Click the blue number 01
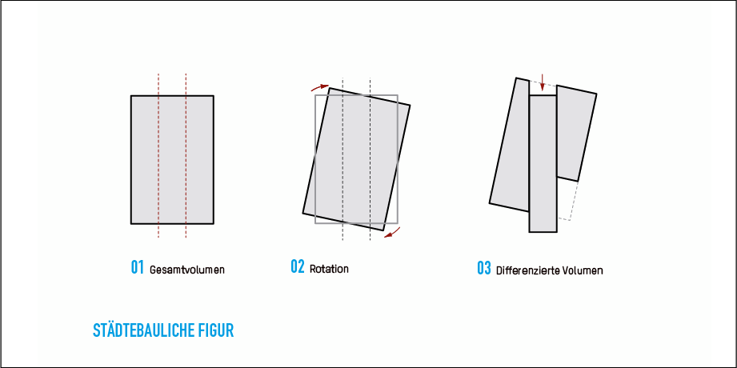point(138,267)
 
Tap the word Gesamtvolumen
point(187,270)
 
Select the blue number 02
point(298,266)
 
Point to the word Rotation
point(329,270)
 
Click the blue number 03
point(484,268)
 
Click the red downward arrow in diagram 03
point(543,82)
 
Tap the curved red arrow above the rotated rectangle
point(319,87)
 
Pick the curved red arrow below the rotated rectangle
point(392,233)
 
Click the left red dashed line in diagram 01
point(158,155)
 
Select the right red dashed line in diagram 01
point(186,155)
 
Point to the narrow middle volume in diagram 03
point(543,163)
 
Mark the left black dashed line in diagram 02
point(342,159)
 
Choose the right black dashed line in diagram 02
point(370,159)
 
